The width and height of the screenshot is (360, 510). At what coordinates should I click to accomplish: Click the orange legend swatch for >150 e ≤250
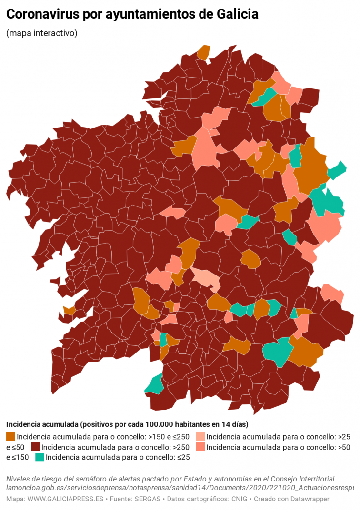point(10,436)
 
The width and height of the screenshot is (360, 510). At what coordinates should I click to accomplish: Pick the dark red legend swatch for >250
point(35,447)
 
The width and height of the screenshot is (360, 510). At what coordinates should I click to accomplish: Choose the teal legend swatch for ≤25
point(40,457)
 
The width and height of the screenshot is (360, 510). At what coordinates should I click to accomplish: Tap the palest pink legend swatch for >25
point(200,436)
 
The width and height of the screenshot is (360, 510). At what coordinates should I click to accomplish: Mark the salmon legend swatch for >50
point(200,447)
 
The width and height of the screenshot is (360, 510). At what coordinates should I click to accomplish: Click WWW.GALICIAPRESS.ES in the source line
point(65,499)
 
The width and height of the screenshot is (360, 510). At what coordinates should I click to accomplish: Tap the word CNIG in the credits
point(239,499)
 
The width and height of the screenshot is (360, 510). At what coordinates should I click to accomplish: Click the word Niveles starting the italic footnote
point(20,479)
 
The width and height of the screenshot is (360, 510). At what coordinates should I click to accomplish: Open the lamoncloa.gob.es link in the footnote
point(181,488)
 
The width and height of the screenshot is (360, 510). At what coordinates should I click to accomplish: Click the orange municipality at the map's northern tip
point(204,52)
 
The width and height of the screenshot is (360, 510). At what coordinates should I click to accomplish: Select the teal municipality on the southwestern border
point(155,384)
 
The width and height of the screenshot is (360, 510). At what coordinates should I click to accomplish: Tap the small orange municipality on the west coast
point(70,310)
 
